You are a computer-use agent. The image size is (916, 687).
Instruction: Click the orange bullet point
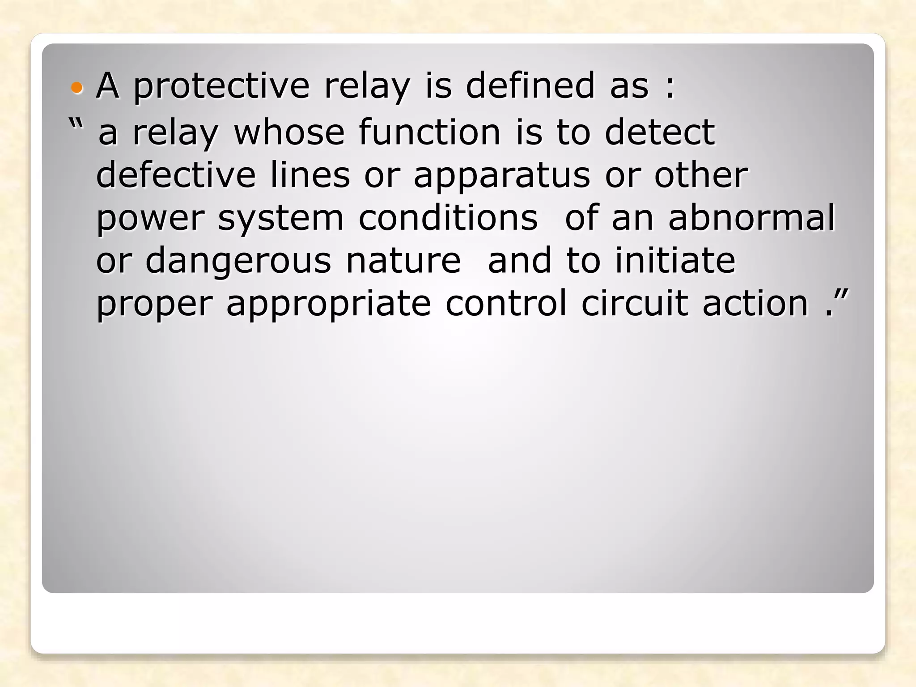point(77,87)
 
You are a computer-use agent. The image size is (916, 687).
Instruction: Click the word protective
point(221,86)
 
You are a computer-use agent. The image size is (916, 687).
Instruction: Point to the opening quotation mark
point(76,123)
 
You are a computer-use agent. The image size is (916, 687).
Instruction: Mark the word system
point(280,219)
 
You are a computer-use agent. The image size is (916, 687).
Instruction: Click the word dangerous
point(238,262)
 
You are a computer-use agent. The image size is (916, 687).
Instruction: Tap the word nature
point(403,262)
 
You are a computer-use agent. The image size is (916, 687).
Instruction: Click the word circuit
point(635,304)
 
